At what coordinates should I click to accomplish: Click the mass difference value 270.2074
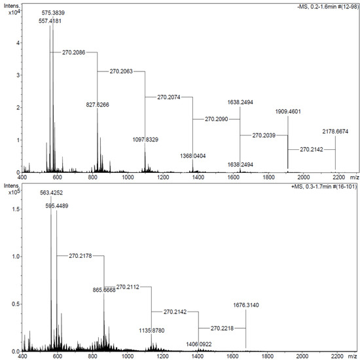click(171, 97)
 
